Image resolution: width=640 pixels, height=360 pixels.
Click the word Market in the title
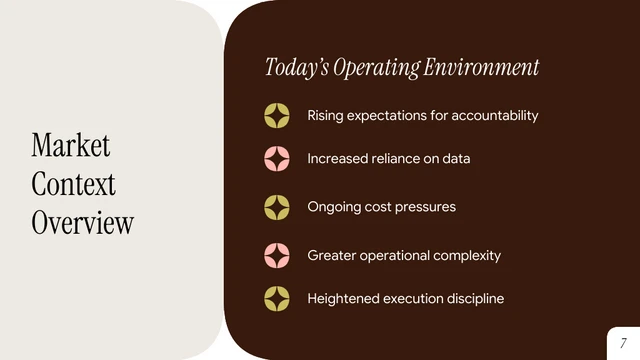tap(70, 145)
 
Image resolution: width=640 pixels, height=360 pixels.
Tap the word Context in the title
tap(73, 184)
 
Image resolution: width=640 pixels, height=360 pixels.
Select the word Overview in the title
tap(82, 222)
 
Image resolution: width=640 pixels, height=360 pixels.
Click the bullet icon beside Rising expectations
tap(277, 116)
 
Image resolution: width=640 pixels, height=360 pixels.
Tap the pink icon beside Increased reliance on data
tap(277, 159)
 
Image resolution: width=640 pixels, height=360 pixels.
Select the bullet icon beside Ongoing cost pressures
tap(277, 207)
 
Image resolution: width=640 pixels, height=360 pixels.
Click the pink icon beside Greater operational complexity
tap(277, 255)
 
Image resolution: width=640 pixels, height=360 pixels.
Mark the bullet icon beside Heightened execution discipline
tap(277, 298)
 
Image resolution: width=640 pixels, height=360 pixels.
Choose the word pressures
tap(424, 207)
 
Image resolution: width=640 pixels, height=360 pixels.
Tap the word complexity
tap(467, 256)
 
